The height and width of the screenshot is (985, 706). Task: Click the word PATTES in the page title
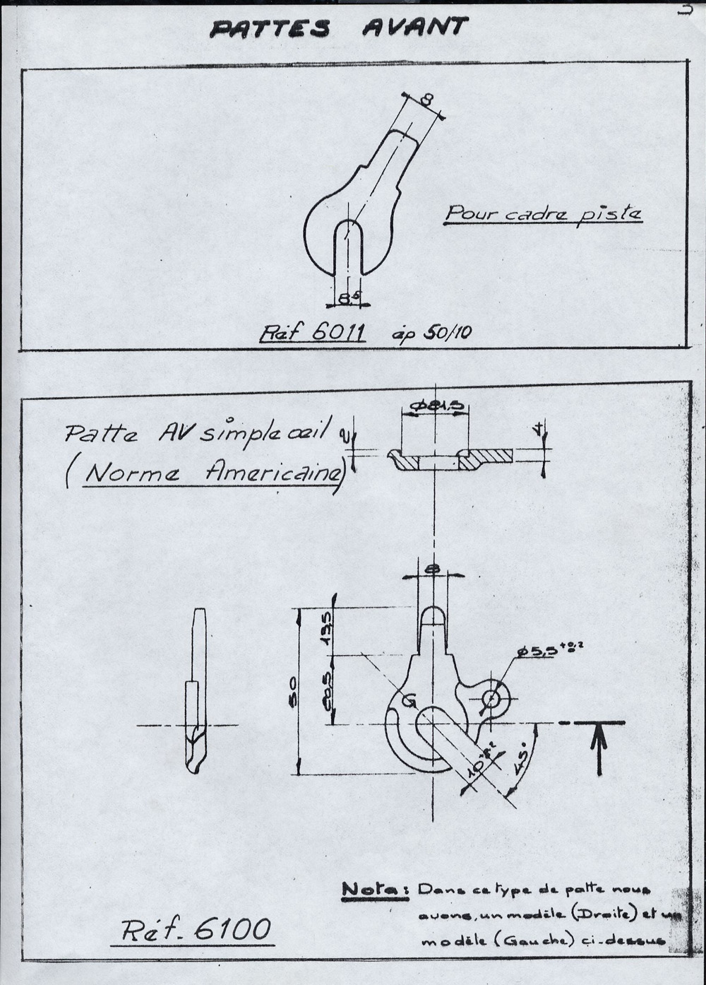click(270, 29)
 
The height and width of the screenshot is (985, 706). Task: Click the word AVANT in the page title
click(414, 27)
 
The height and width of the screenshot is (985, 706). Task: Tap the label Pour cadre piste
click(542, 213)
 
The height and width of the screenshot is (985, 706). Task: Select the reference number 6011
click(337, 331)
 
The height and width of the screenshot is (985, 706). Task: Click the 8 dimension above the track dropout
click(426, 100)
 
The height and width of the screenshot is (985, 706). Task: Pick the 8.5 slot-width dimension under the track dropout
click(347, 299)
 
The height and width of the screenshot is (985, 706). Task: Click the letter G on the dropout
click(408, 701)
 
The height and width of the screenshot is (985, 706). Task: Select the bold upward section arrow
click(599, 749)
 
